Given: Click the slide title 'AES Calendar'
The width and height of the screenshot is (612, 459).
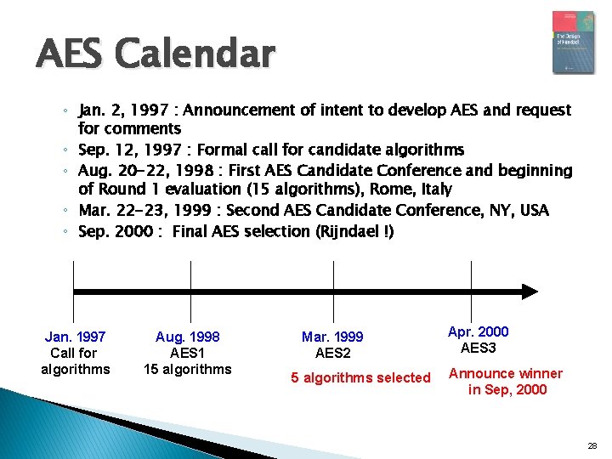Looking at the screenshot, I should coord(156,54).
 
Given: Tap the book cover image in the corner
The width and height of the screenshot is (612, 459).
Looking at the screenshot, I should coord(573,42).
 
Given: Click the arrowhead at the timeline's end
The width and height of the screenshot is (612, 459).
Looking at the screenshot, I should coord(529,292).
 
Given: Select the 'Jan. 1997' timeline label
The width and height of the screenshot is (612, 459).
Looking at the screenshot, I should coord(75,337).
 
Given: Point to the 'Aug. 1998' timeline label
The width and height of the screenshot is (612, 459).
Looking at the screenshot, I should coord(187,337).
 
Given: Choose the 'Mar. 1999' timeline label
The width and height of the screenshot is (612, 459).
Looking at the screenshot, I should coord(332,337).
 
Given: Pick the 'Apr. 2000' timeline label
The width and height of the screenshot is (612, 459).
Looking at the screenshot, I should coord(478,331).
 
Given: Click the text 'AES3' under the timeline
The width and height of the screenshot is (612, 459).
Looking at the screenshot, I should coord(478,348).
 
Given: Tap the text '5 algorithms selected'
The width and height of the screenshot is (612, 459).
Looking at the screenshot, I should coord(360,377).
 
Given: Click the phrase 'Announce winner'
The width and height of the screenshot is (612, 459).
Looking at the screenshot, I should coord(506,373).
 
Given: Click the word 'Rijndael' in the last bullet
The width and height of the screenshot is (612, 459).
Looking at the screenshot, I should coord(350,231).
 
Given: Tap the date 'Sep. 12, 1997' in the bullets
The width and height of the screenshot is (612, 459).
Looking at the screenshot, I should coord(127,150).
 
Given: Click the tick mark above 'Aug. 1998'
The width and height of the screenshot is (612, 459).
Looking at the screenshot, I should coord(190,276).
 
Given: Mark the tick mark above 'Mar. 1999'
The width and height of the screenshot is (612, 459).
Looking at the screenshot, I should coord(333,276).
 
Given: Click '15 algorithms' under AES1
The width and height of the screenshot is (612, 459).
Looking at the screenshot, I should coord(187,369).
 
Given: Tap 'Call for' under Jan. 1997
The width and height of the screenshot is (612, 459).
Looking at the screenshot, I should coord(75,353).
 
